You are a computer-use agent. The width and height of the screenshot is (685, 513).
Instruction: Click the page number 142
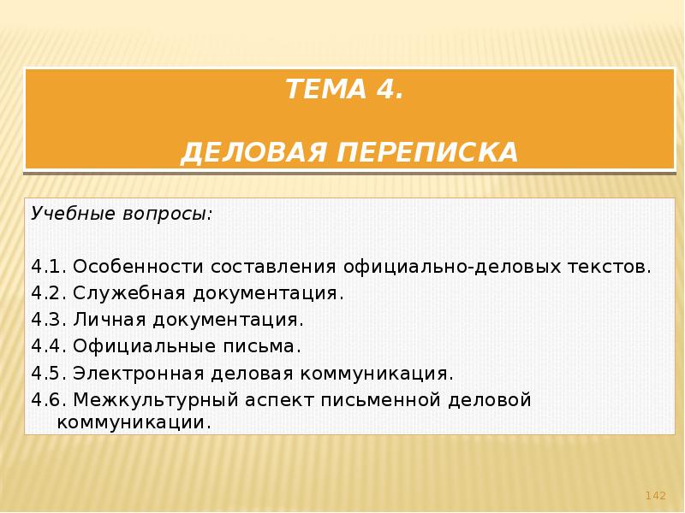(x=655, y=496)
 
